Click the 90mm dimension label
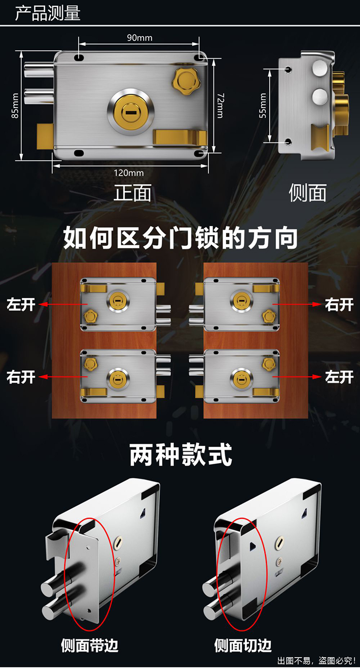coord(139,37)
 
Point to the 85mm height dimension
coord(15,106)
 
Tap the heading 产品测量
coord(48,13)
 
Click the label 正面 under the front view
coord(132,193)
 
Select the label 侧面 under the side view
coord(308,193)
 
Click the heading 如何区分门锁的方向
coord(180,239)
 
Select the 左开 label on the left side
coord(21,304)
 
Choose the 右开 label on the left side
coord(21,377)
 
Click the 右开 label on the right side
coord(339,304)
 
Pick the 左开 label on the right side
coord(339,377)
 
